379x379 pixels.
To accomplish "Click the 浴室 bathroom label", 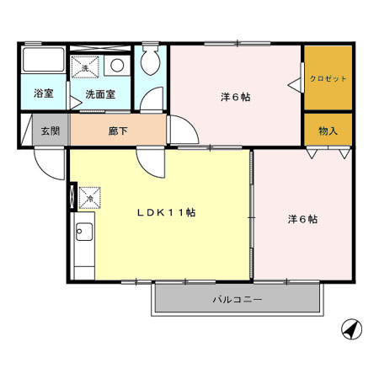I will [43, 94].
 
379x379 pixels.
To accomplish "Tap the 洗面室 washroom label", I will [101, 94].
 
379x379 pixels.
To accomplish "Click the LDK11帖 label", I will [167, 213].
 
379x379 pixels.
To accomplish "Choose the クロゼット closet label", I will [328, 78].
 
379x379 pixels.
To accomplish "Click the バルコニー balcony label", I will [238, 299].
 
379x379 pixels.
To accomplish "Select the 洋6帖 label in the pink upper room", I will [236, 97].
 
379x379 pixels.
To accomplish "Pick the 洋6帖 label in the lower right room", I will [302, 219].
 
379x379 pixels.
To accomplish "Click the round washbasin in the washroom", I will [117, 65].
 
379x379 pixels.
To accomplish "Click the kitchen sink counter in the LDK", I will [83, 240].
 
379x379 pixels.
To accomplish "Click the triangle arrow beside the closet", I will [295, 83].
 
